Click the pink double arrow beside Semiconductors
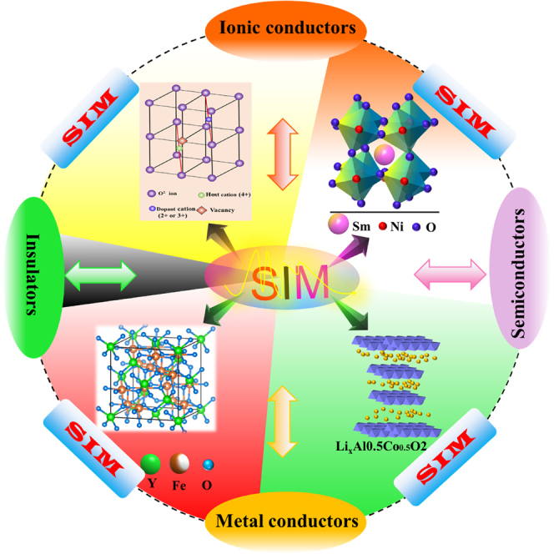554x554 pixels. (451, 273)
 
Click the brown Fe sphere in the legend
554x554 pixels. (178, 462)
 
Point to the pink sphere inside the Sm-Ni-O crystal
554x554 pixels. (385, 153)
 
